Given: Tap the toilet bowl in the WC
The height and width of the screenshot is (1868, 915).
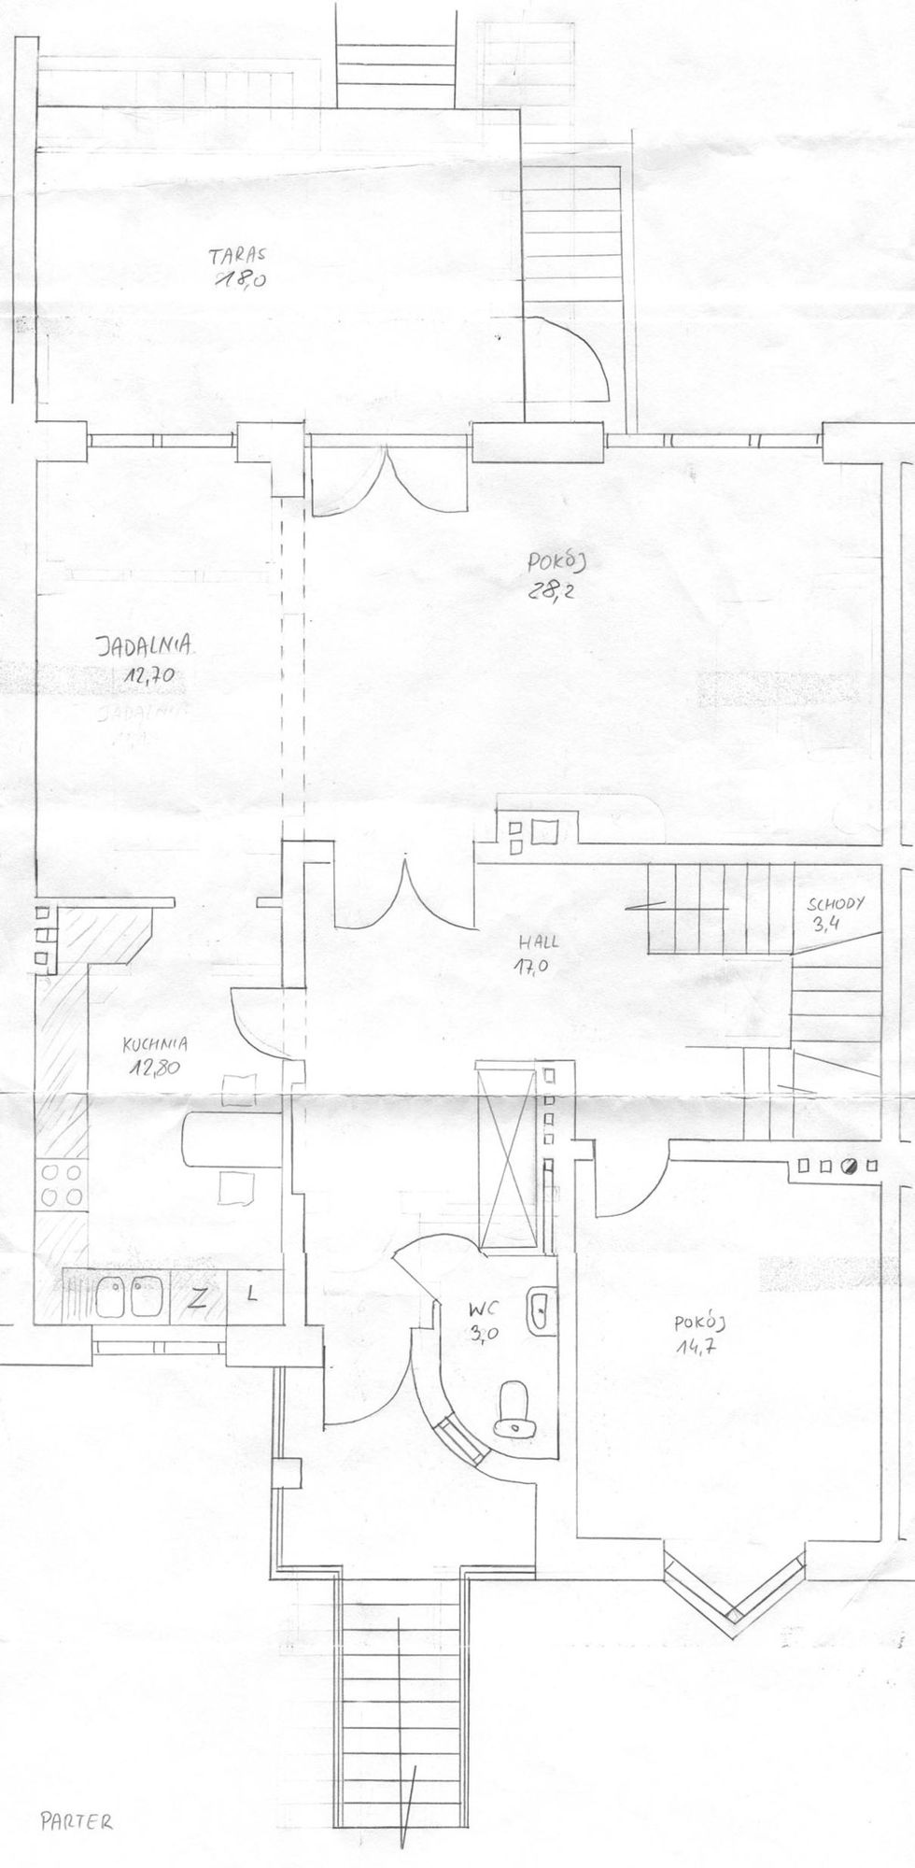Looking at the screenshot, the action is pyautogui.click(x=515, y=1408).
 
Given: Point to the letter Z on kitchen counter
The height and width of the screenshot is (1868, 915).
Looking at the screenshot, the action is pyautogui.click(x=199, y=1296).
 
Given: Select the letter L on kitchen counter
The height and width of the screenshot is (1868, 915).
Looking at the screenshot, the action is pyautogui.click(x=252, y=1295).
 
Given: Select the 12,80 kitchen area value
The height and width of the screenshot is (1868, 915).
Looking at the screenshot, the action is pyautogui.click(x=154, y=1068).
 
